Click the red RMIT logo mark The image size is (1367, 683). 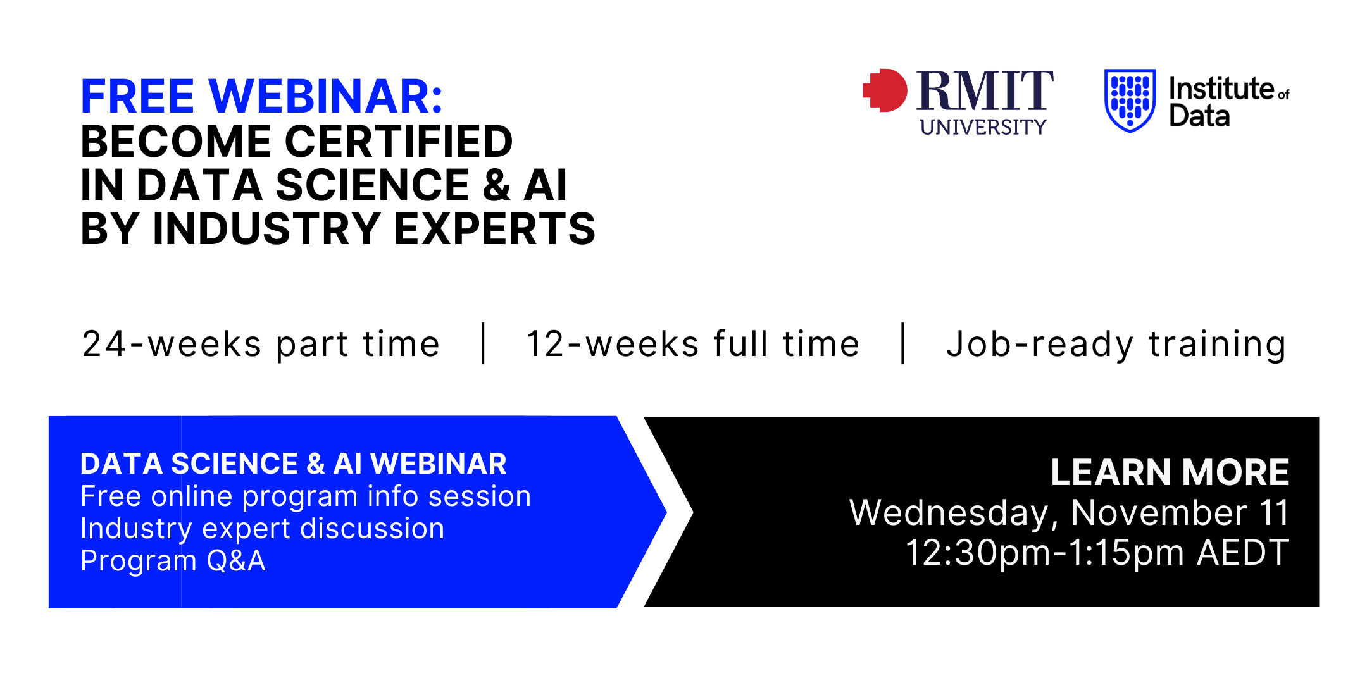(x=885, y=90)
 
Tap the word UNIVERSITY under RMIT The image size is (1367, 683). (x=983, y=127)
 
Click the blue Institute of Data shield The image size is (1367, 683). (x=1130, y=101)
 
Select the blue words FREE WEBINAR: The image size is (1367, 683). (x=262, y=96)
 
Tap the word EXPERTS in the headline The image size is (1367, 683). (x=495, y=228)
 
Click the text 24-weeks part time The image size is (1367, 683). (x=261, y=345)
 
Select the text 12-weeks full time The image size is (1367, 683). (x=693, y=345)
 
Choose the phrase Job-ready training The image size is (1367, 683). (x=1116, y=345)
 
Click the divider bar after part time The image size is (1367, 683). (x=484, y=343)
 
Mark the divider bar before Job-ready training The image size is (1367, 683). (x=903, y=343)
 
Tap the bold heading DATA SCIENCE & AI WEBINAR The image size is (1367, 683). (x=294, y=464)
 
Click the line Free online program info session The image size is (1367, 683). (x=306, y=496)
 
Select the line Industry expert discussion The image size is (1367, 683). (x=263, y=529)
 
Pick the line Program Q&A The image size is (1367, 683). (x=173, y=561)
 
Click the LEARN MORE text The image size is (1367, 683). (x=1170, y=472)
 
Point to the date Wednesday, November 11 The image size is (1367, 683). (x=1069, y=513)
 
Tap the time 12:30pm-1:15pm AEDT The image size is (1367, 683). (x=1097, y=553)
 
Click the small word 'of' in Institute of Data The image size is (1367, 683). (x=1283, y=95)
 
